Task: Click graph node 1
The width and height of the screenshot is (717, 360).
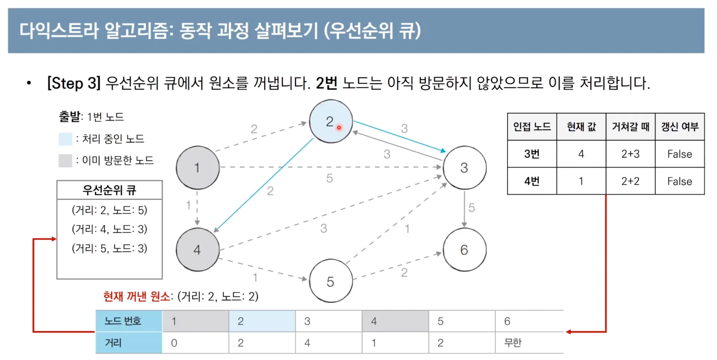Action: tap(197, 168)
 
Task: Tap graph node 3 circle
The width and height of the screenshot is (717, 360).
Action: tap(464, 168)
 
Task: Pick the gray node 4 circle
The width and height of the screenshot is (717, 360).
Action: tap(197, 249)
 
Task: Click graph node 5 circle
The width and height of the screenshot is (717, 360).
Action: tap(330, 281)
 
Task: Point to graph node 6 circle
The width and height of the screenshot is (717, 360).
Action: tap(464, 249)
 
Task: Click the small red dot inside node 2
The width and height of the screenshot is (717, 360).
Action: tap(339, 128)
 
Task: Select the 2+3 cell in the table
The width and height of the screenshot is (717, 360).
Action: tap(630, 154)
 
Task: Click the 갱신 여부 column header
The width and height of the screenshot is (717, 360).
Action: tap(680, 127)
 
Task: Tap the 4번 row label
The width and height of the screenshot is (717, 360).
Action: tap(532, 181)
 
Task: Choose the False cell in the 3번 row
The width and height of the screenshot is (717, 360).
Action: tap(680, 154)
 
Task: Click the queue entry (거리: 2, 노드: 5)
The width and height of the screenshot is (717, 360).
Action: tap(110, 210)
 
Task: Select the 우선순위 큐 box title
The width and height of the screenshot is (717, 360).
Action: tap(110, 190)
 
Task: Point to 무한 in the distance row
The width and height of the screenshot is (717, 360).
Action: tap(513, 343)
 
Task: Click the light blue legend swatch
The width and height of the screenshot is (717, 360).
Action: tap(65, 139)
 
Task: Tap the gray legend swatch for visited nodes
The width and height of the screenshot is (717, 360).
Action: tap(65, 161)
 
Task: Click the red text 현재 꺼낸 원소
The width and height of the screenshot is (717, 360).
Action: tap(137, 296)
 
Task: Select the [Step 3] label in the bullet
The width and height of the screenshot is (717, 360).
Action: tap(74, 83)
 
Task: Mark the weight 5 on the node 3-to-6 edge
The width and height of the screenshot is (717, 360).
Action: tap(472, 208)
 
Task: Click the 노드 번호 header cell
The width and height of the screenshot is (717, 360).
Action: tap(123, 321)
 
